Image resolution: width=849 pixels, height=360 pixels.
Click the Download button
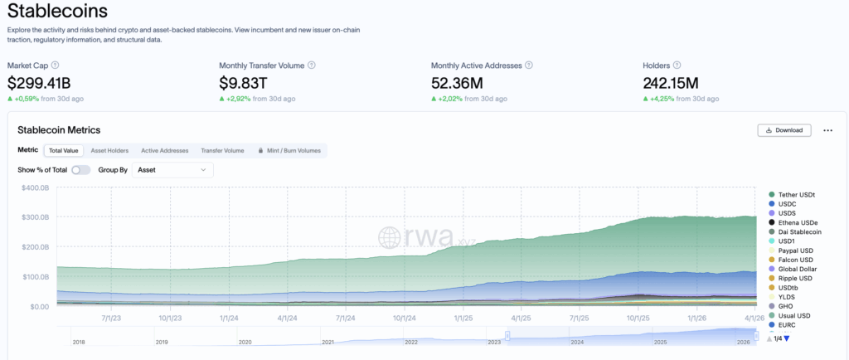click(x=784, y=130)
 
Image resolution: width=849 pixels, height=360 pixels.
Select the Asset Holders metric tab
click(x=109, y=151)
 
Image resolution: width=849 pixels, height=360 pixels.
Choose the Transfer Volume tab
click(x=222, y=151)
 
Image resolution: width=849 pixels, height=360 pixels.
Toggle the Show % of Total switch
click(x=80, y=170)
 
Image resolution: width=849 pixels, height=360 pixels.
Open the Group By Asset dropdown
click(x=172, y=170)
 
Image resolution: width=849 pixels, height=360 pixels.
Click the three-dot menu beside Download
click(x=827, y=130)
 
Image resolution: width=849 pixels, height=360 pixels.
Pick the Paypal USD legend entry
click(x=797, y=250)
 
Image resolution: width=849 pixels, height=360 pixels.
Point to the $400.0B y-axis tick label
click(x=34, y=187)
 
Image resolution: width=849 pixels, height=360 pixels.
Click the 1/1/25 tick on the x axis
click(x=463, y=317)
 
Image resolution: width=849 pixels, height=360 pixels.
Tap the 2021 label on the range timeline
click(x=328, y=342)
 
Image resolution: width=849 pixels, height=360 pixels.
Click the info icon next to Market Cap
click(x=55, y=65)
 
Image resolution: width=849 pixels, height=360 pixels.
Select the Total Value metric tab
click(x=63, y=151)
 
